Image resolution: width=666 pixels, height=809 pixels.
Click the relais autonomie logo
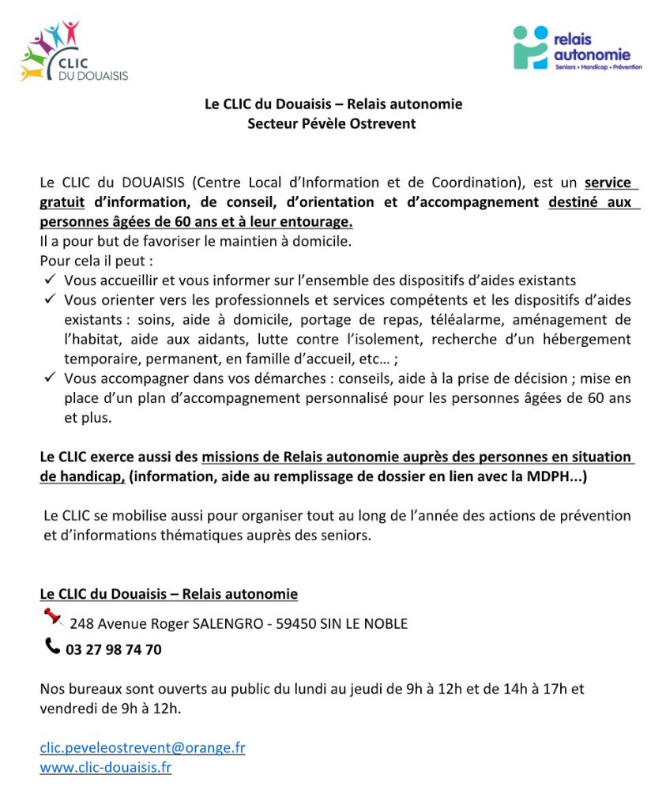point(576,49)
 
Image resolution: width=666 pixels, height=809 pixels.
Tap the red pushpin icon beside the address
point(53,616)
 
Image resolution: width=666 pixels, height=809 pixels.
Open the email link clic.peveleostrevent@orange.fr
point(142,747)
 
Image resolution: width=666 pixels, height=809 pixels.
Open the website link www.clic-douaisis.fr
point(106,767)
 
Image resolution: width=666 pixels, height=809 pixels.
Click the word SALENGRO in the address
point(228,624)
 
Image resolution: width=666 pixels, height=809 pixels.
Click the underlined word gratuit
point(62,202)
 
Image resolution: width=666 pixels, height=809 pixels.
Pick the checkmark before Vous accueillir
point(50,280)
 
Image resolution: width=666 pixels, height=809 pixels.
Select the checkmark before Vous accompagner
point(50,378)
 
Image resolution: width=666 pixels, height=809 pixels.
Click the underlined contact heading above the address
point(168,594)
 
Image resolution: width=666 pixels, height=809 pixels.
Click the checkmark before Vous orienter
point(50,299)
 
